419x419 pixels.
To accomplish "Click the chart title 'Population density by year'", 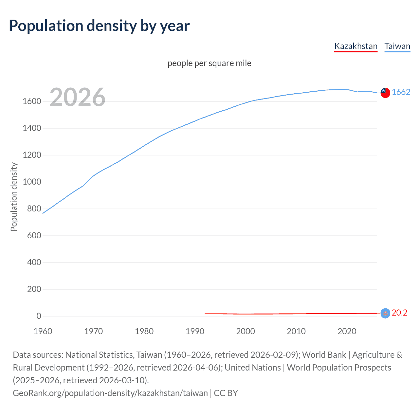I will point(99,26).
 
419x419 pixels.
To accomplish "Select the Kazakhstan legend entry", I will point(356,46).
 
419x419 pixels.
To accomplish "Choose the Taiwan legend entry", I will point(397,46).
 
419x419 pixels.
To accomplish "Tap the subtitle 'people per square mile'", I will point(209,63).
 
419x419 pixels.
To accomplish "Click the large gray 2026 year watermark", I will point(78,97).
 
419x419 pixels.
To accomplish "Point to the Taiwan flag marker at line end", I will point(385,93).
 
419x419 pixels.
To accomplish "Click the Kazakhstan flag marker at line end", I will point(385,313).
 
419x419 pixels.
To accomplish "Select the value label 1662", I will point(401,92).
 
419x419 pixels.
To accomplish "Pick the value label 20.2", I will point(399,313).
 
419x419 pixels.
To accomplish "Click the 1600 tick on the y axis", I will point(32,101).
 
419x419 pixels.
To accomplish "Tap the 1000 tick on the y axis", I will point(32,182).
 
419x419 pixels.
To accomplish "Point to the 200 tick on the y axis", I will point(34,289).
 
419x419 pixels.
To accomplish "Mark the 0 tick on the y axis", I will point(39,316).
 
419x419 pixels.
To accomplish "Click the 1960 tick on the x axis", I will point(43,331).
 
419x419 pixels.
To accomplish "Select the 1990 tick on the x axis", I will point(195,331).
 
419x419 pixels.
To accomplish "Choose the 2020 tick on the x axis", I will point(347,331).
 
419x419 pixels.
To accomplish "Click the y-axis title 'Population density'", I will point(14,197).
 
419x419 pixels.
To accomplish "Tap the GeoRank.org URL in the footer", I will point(110,393).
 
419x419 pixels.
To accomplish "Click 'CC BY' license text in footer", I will point(226,393).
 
